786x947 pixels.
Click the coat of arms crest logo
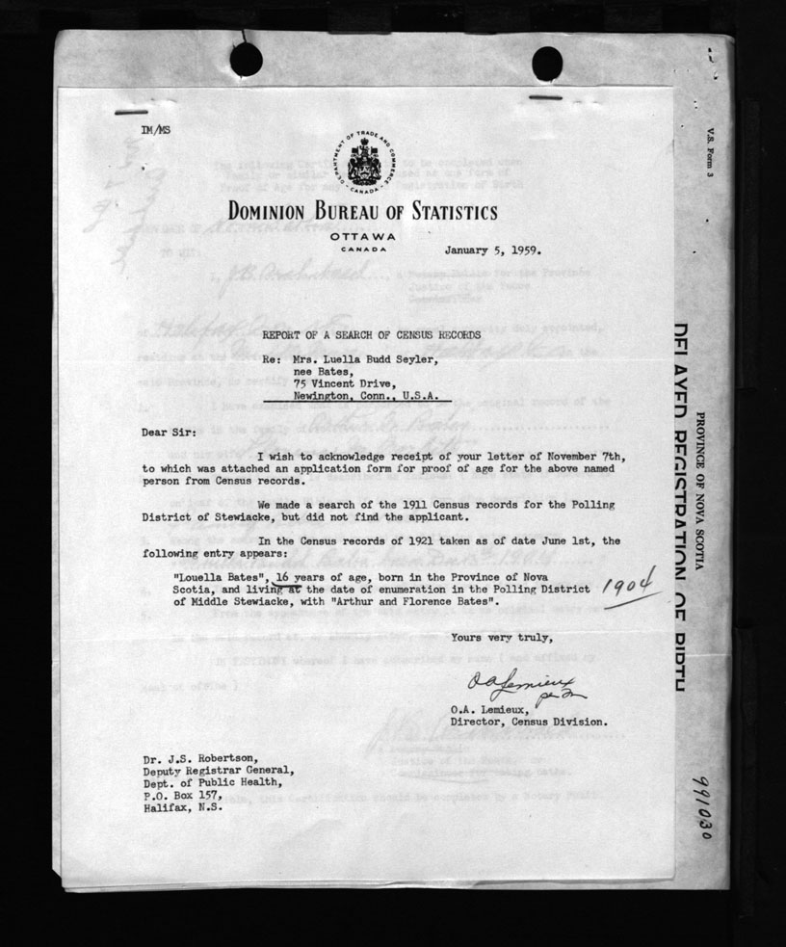[362, 159]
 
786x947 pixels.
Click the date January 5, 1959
[493, 249]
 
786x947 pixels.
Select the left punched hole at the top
[246, 59]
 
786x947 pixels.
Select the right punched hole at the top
[547, 63]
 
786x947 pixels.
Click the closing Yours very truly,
[501, 637]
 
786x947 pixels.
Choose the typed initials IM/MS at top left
[152, 127]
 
